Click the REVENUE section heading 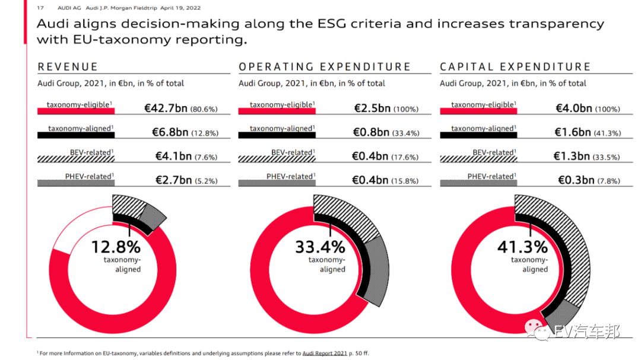[x=68, y=66]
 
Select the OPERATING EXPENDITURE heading [x=325, y=66]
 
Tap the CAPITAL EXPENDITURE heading [x=515, y=66]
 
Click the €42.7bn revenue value [x=166, y=109]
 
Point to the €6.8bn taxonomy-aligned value [x=170, y=132]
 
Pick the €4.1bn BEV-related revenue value [x=173, y=156]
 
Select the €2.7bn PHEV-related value [x=173, y=180]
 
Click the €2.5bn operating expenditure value [x=372, y=109]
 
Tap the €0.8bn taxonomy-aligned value [x=371, y=132]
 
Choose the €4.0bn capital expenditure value [x=573, y=109]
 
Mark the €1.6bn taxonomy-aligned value [x=572, y=132]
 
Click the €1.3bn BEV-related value [x=572, y=156]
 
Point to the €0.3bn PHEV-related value [x=576, y=180]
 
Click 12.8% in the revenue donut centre [x=116, y=247]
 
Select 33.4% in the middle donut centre [x=320, y=247]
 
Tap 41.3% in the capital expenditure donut [x=522, y=247]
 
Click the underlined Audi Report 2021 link [x=325, y=353]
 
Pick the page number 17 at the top [x=40, y=8]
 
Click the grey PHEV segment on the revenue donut [x=154, y=216]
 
